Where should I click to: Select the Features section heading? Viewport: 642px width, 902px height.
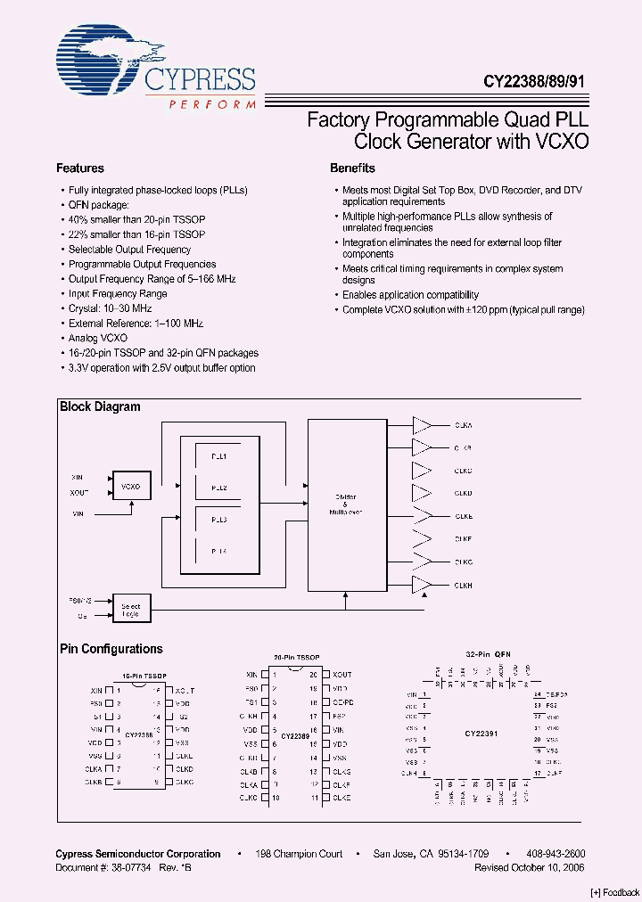pos(80,168)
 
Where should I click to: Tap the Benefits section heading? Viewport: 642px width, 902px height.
pos(352,168)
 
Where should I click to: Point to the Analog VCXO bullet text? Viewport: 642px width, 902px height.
pos(98,339)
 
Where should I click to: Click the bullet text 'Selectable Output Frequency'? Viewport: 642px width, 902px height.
pos(129,250)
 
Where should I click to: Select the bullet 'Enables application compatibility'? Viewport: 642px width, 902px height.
pos(410,295)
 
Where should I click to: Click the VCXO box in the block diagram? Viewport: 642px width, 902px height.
pos(131,487)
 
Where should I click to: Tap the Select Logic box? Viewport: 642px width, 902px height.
pos(131,609)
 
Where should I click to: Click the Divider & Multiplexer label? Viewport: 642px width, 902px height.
pos(346,501)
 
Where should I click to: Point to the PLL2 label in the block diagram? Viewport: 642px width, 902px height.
pos(219,488)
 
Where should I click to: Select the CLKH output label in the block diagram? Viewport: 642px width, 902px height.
pos(464,586)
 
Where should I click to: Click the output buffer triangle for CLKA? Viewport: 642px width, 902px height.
pos(423,425)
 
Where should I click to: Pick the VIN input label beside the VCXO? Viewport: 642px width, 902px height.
pos(78,514)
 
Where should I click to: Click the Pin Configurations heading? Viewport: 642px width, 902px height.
pos(111,650)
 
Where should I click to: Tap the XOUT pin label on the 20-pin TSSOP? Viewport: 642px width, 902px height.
pos(342,675)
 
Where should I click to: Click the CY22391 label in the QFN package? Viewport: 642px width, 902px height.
pos(481,734)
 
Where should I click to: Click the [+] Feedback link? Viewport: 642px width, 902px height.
pos(614,892)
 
